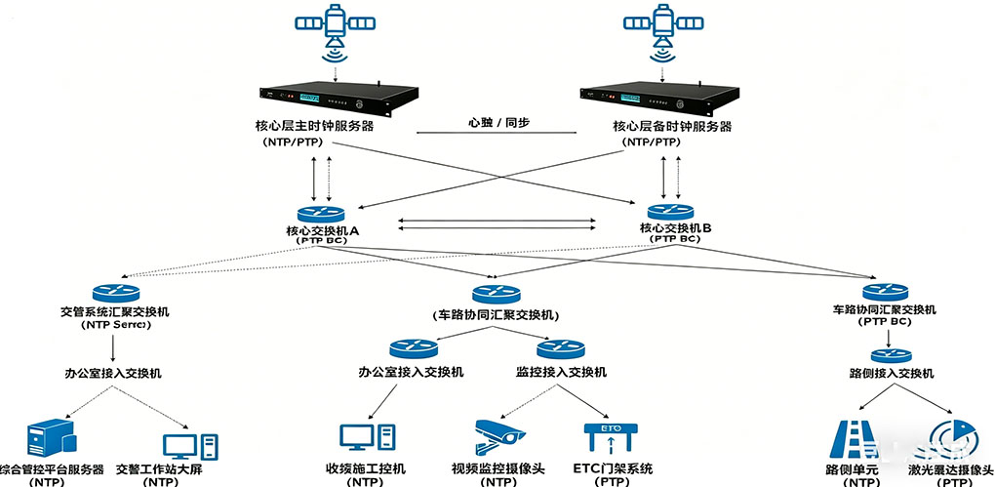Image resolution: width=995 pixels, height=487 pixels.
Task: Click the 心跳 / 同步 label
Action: pos(498,124)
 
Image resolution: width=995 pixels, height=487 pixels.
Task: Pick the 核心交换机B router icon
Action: pos(672,211)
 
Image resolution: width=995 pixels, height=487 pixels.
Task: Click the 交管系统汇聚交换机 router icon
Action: pos(116,293)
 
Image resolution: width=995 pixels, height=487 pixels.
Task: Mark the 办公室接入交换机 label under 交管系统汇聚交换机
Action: pos(113,373)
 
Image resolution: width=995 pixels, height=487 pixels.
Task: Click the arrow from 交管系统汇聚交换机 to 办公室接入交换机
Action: pos(115,347)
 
